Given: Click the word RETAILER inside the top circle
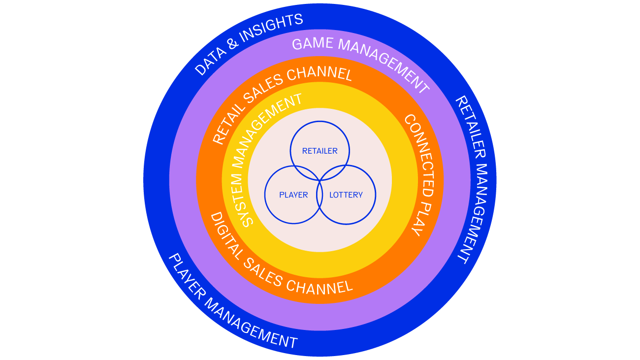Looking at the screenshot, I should [x=320, y=151].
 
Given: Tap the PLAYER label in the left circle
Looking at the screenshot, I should [x=293, y=195].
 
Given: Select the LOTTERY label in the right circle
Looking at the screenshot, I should [x=346, y=195].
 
